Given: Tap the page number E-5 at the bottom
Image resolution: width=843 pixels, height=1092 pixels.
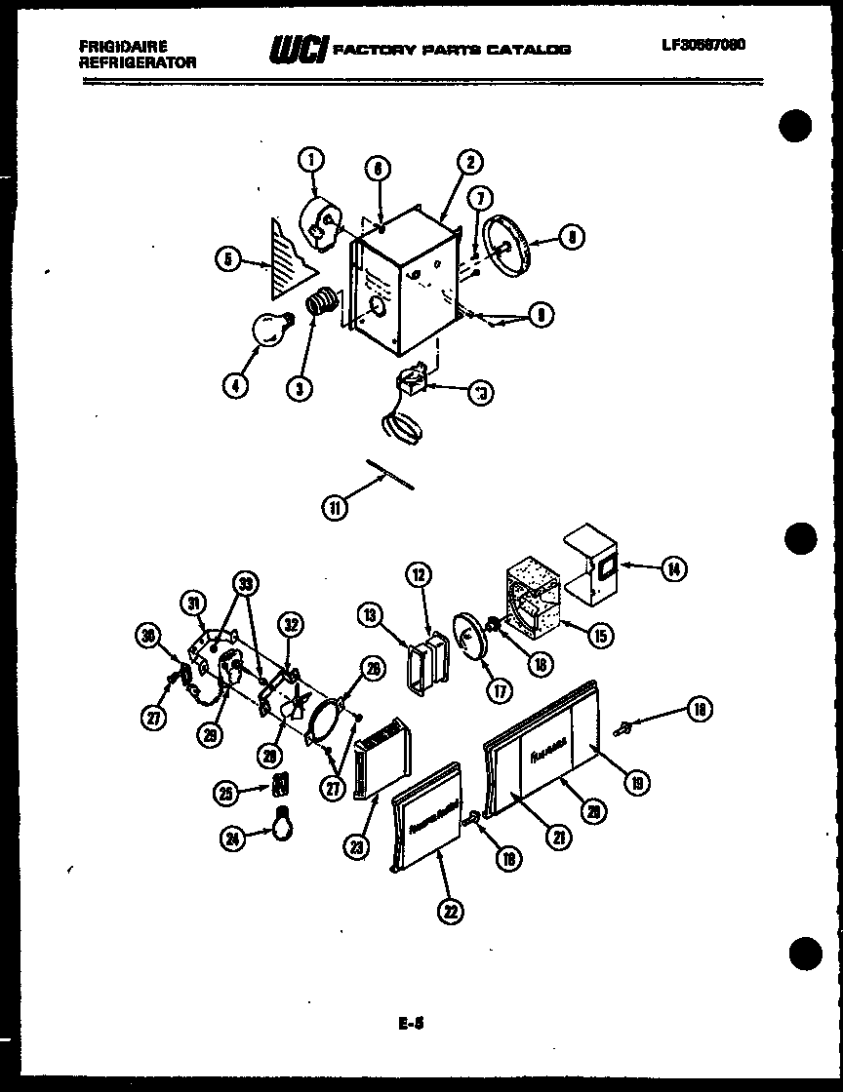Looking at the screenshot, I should point(411,1025).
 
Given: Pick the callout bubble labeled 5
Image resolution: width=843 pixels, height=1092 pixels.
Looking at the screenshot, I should point(227,260).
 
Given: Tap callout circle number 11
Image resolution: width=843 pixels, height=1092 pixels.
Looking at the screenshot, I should point(335,506).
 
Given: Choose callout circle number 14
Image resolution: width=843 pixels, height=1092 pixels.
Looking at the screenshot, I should point(672,567).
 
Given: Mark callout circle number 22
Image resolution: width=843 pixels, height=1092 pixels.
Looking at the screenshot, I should point(450,911).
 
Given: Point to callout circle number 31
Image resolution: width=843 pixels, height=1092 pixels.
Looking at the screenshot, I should point(195,605).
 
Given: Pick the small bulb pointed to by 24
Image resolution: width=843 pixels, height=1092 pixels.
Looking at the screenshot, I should point(283,821).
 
